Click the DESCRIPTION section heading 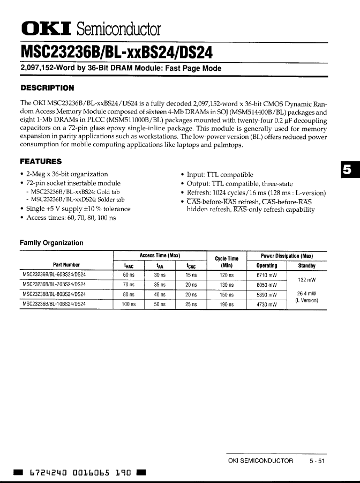pyautogui.click(x=47, y=88)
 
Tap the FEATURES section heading pyautogui.click(x=41, y=161)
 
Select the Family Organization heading pyautogui.click(x=51, y=243)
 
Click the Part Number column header pyautogui.click(x=66, y=265)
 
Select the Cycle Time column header pyautogui.click(x=226, y=262)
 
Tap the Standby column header pyautogui.click(x=306, y=265)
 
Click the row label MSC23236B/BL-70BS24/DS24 pyautogui.click(x=54, y=285)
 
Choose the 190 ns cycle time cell pyautogui.click(x=227, y=304)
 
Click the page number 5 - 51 pyautogui.click(x=317, y=460)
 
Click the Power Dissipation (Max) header pyautogui.click(x=287, y=256)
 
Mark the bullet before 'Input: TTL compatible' pyautogui.click(x=183, y=175)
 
